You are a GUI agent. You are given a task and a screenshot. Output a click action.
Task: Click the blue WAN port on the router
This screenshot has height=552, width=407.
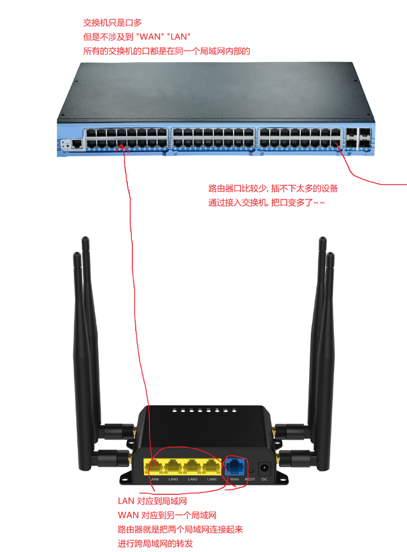tap(235, 466)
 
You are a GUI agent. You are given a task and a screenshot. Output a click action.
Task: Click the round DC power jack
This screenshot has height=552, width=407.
tap(265, 468)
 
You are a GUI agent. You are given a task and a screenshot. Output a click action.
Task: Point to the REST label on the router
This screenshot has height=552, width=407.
tap(250, 479)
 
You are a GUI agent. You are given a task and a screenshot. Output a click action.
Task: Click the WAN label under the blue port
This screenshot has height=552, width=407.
tap(234, 479)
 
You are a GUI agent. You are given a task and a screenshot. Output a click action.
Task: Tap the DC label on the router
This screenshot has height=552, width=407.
tap(265, 479)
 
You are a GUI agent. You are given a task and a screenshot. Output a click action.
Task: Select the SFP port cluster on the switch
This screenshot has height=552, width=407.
tap(359, 138)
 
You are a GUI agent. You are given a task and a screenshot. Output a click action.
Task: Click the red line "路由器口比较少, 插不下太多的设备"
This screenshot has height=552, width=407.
tap(273, 188)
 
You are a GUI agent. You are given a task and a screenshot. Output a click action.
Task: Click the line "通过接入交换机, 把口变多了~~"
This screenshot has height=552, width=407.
tap(266, 203)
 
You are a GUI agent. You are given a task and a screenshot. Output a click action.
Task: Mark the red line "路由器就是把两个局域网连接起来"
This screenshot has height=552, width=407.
tap(181, 529)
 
